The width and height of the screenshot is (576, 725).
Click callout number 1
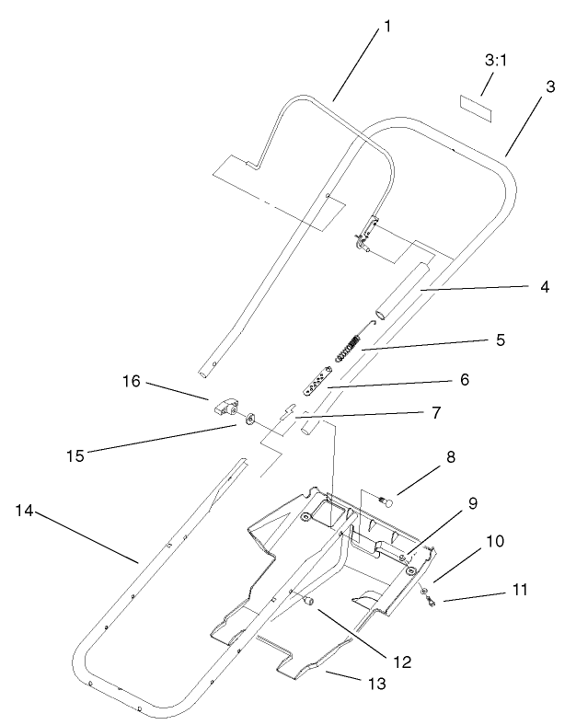tap(387, 27)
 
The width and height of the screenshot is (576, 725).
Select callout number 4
tap(545, 287)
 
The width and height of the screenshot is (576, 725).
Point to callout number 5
tap(500, 339)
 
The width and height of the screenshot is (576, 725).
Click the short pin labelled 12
tap(307, 600)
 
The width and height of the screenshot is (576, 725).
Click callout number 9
tap(472, 503)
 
